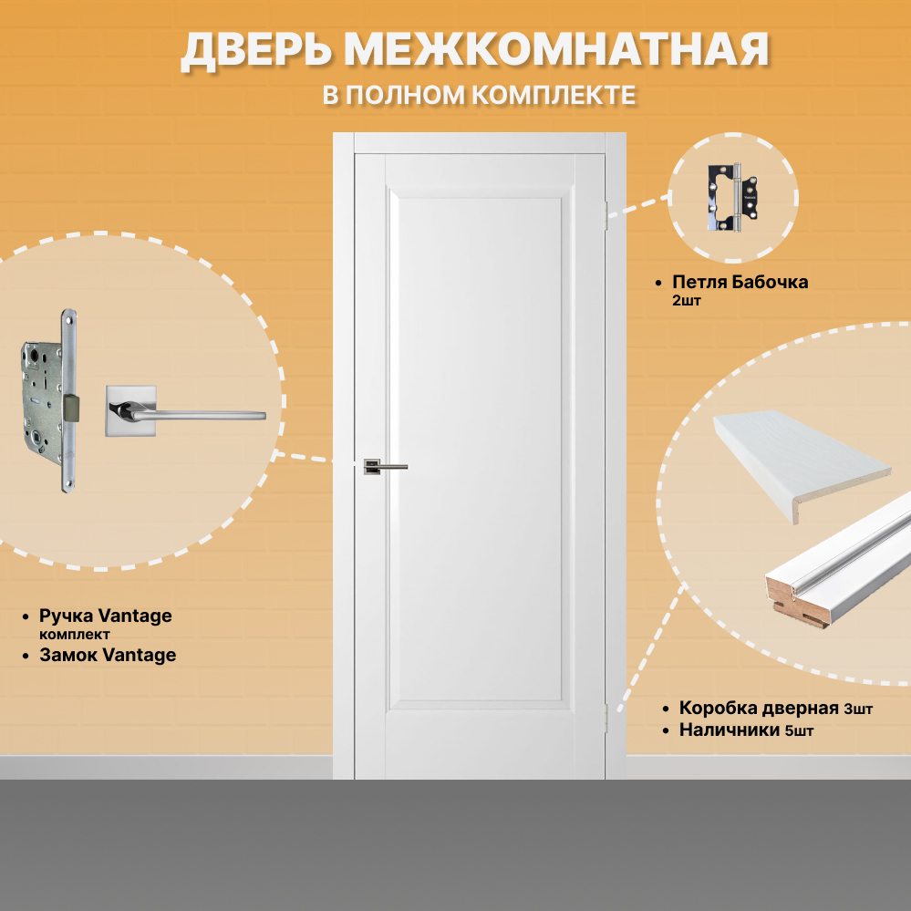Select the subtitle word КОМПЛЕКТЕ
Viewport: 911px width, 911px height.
pos(554,95)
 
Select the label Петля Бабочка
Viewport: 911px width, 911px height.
pos(740,282)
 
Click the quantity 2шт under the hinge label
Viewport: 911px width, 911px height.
pos(686,300)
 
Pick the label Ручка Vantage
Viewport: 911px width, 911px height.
pos(105,616)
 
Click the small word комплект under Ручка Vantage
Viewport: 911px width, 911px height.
pos(75,634)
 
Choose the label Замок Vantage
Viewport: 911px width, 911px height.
pos(108,655)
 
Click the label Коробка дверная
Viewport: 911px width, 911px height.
pos(759,709)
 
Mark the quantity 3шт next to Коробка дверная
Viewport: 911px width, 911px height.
pos(858,709)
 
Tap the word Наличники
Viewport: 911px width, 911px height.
pos(729,730)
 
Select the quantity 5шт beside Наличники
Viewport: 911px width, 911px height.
pos(799,730)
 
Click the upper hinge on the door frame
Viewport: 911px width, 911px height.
pos(605,214)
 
